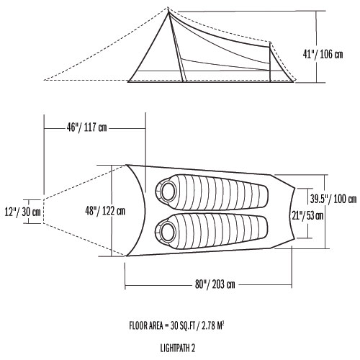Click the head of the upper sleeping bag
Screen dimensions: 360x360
(x=170, y=191)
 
